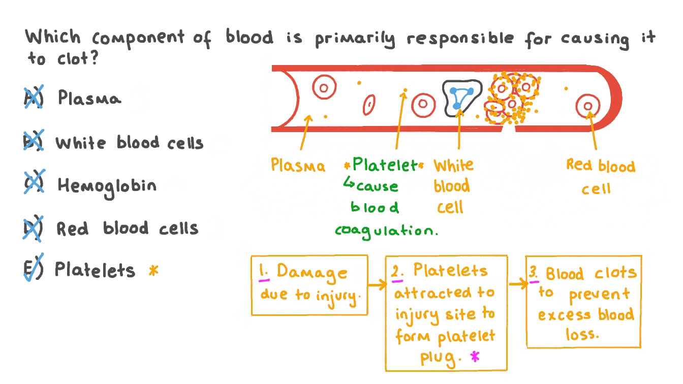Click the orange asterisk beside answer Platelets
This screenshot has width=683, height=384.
pyautogui.click(x=153, y=270)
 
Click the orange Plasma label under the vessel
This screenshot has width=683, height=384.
pyautogui.click(x=298, y=166)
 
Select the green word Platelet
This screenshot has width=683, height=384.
pyautogui.click(x=385, y=165)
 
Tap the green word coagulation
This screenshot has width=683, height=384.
pyautogui.click(x=386, y=230)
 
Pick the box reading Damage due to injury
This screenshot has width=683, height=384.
pyautogui.click(x=309, y=284)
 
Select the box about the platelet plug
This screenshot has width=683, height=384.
pyautogui.click(x=446, y=312)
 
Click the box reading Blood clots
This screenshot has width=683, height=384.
pyautogui.click(x=583, y=301)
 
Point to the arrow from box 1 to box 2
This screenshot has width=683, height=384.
pyautogui.click(x=377, y=285)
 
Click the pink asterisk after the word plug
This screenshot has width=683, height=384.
pyautogui.click(x=475, y=357)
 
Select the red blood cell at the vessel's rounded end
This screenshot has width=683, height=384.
pyautogui.click(x=588, y=106)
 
